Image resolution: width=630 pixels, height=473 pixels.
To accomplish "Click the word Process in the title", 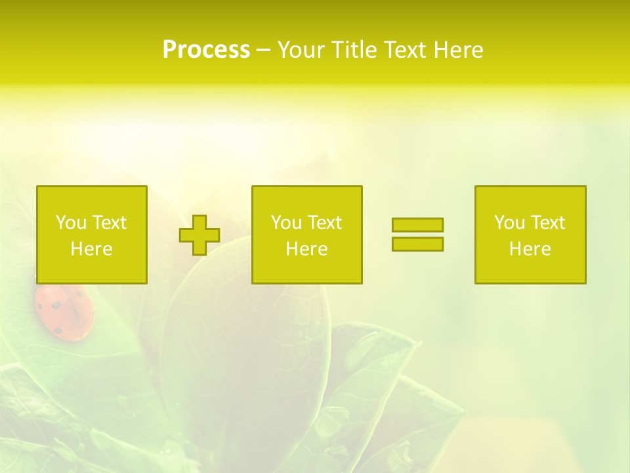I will (x=206, y=50).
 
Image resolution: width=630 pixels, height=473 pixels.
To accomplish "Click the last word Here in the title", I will (x=458, y=50).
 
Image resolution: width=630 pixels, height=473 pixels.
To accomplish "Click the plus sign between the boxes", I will (x=199, y=235).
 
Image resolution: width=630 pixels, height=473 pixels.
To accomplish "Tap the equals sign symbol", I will (x=417, y=235).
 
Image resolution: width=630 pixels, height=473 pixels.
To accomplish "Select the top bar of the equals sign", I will (x=417, y=225).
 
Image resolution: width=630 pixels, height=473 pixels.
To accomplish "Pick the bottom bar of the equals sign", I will (x=417, y=244).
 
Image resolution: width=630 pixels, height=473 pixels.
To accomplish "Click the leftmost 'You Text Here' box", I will (x=92, y=235).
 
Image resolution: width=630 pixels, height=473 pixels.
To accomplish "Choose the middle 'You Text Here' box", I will (x=306, y=235).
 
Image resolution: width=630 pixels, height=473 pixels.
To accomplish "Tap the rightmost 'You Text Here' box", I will (x=530, y=235).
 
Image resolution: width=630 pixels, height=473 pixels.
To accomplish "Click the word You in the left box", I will (x=71, y=223).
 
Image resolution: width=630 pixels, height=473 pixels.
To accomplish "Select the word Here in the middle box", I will (x=306, y=249).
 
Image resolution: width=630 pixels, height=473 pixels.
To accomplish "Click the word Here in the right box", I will (x=530, y=249).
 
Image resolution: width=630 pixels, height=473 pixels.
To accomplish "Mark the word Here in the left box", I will (x=92, y=249).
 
